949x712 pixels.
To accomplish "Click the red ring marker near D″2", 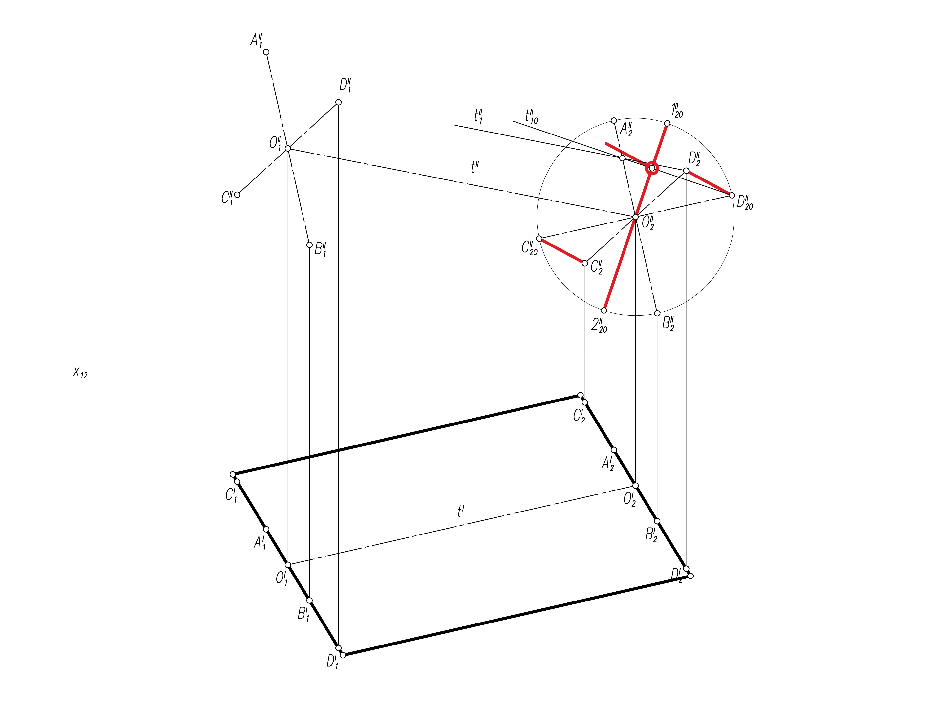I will (x=652, y=168).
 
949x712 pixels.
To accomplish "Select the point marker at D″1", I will (x=338, y=102).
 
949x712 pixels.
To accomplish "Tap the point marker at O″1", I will (x=288, y=149).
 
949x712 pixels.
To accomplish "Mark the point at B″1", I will (x=309, y=245).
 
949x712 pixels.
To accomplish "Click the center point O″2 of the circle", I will (x=635, y=217).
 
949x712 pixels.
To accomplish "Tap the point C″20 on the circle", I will (x=539, y=239).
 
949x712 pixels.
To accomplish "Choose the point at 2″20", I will (x=604, y=310).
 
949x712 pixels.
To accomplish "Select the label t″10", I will (x=531, y=117).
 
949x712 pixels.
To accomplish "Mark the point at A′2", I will (x=614, y=450).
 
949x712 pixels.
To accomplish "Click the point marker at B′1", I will (x=309, y=601).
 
